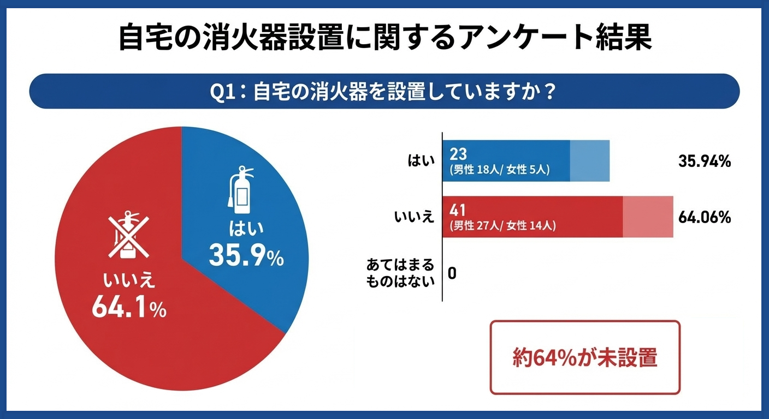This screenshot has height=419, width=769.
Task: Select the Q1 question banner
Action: [x=384, y=91]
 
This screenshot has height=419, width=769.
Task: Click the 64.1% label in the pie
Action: [x=129, y=308]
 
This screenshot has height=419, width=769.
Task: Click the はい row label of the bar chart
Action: [x=421, y=161]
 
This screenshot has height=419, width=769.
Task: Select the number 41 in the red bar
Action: [x=458, y=209]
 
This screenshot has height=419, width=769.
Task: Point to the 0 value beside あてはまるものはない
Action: [x=452, y=273]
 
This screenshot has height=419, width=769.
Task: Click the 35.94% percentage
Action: [x=705, y=161]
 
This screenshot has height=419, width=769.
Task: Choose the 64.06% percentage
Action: [x=705, y=217]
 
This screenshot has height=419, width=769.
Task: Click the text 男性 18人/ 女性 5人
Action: [x=499, y=170]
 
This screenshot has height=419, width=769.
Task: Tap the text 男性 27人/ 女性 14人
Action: [x=502, y=225]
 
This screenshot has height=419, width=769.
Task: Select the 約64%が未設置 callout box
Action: [x=585, y=357]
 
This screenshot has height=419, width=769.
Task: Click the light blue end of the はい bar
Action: [x=589, y=161]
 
